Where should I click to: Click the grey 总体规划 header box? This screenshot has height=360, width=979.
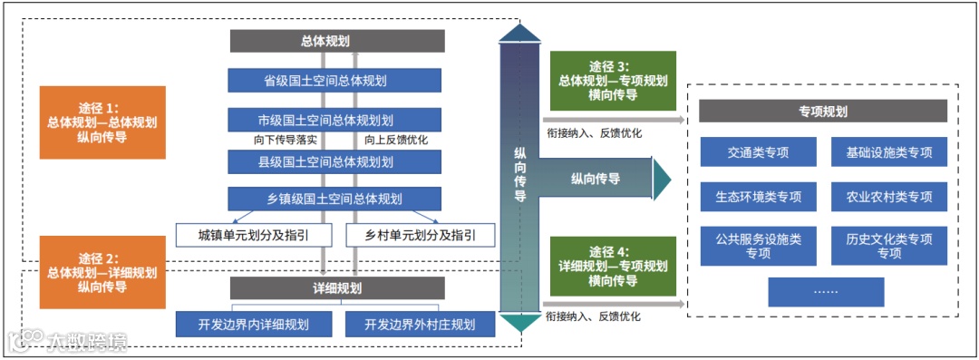[x=337, y=41]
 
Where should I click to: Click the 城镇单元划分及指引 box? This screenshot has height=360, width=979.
[x=255, y=236]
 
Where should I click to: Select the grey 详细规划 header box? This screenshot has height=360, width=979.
[x=337, y=288]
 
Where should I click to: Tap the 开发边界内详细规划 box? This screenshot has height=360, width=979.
[x=255, y=323]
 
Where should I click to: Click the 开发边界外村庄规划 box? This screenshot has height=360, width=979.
[x=421, y=323]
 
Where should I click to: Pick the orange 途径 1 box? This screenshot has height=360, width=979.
[x=102, y=122]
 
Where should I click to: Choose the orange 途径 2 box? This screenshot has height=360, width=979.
[x=102, y=272]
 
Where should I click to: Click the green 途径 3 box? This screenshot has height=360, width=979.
[x=615, y=80]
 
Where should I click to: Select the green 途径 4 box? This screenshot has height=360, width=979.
[x=615, y=266]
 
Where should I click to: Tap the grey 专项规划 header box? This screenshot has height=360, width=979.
[x=823, y=111]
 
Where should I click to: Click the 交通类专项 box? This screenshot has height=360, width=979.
[x=758, y=152]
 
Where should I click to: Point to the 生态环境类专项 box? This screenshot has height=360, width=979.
[x=758, y=196]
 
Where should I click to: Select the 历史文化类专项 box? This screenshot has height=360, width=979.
[x=889, y=246]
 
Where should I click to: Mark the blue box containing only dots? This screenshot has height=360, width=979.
[x=826, y=291]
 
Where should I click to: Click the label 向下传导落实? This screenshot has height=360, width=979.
[x=286, y=141]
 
